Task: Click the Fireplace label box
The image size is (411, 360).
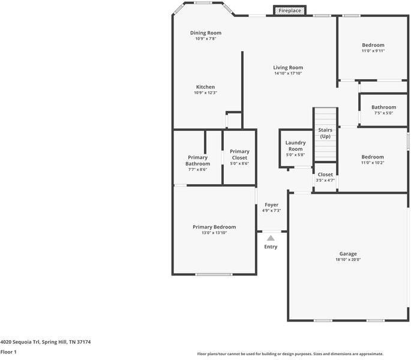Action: (290, 11)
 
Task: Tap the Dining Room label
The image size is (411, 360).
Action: (206, 33)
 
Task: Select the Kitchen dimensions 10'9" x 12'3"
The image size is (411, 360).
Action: (205, 93)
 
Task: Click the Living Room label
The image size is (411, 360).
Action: (288, 68)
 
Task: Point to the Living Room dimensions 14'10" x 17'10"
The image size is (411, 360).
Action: (288, 74)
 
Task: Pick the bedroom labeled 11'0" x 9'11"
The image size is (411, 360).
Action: (373, 46)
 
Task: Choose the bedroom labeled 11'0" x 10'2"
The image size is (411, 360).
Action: (373, 157)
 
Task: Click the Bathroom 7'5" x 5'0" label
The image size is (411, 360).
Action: (383, 107)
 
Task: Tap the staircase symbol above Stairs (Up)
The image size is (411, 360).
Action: (325, 116)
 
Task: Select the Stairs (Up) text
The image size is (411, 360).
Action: (325, 133)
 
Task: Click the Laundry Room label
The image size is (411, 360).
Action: (295, 146)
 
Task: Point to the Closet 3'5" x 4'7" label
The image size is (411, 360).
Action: (325, 175)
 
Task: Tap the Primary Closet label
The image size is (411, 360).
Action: (239, 154)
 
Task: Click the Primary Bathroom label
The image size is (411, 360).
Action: (197, 160)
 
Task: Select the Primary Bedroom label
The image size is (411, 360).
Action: (214, 227)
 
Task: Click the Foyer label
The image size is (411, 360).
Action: (271, 205)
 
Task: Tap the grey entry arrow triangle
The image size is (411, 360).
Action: (271, 238)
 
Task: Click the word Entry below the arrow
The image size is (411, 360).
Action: (271, 247)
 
